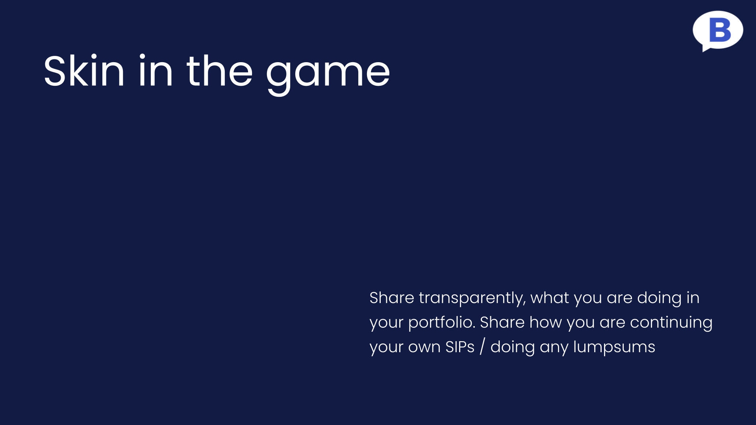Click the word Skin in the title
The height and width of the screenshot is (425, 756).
click(84, 71)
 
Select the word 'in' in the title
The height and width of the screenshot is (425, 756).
click(156, 71)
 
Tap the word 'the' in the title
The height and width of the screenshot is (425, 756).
click(219, 71)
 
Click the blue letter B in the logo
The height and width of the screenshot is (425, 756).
click(720, 30)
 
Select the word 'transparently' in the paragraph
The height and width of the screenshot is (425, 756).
click(472, 299)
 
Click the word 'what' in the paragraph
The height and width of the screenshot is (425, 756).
click(550, 298)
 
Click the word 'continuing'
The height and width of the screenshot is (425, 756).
click(671, 323)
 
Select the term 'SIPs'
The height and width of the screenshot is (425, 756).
click(460, 347)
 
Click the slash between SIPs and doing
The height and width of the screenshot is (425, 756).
click(482, 347)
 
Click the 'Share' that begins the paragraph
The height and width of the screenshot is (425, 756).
click(392, 298)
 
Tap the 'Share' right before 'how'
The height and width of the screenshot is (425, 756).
click(502, 323)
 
